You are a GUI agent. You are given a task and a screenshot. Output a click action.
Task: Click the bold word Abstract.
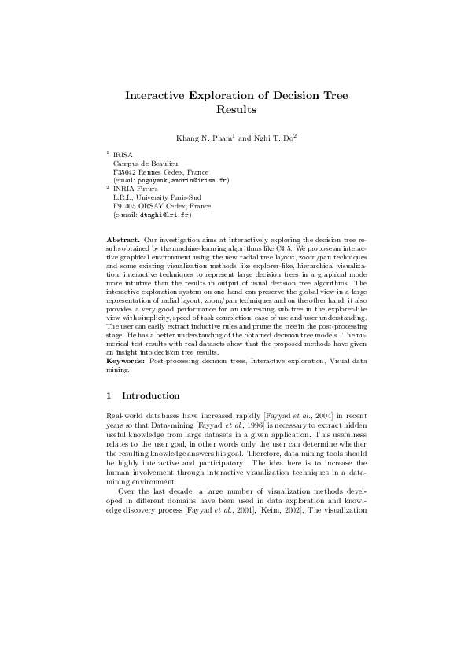[x=123, y=238]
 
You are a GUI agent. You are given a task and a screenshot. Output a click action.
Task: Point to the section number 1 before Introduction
[x=109, y=395]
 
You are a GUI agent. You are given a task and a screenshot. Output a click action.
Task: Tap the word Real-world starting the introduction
[x=123, y=414]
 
